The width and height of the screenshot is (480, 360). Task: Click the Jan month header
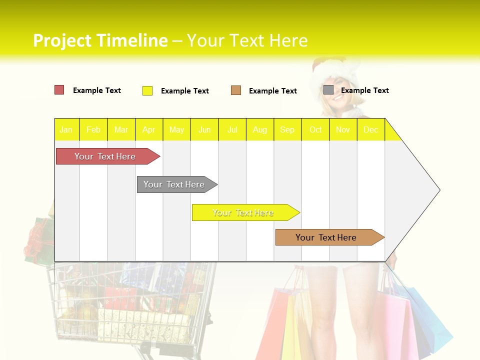[x=66, y=129]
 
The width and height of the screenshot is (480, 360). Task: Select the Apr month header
[x=148, y=129]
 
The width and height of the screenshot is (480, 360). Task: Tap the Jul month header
[x=232, y=129]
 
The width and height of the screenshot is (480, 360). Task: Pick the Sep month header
[x=287, y=129]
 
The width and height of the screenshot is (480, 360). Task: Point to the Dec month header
[x=370, y=129]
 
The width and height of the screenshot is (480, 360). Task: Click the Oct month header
[x=315, y=129]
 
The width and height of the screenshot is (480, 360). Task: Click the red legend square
[x=59, y=90]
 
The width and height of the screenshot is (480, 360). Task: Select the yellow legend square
[x=147, y=90]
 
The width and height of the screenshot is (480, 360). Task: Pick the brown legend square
[x=236, y=90]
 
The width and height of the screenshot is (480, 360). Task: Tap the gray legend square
[x=328, y=90]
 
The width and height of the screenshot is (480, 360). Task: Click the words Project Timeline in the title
[x=100, y=40]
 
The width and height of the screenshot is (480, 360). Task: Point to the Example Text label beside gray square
[x=364, y=90]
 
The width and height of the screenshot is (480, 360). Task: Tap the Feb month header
[x=93, y=129]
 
